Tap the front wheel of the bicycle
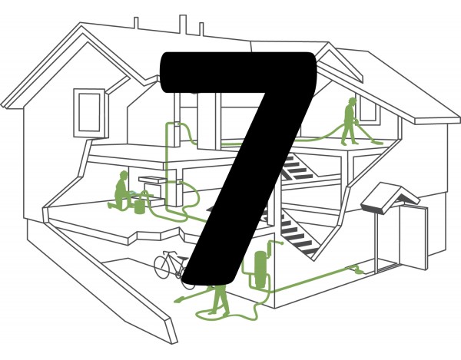pos(161,267)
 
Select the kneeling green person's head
pos(124,175)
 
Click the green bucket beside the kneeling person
pos(140,207)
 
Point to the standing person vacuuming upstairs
pos(350,121)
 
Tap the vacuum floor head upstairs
pos(377,142)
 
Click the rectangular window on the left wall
pos(89,113)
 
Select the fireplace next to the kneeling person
pos(152,190)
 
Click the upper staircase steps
pos(297,167)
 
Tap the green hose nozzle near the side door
pos(356,269)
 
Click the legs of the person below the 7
pos(220,299)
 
